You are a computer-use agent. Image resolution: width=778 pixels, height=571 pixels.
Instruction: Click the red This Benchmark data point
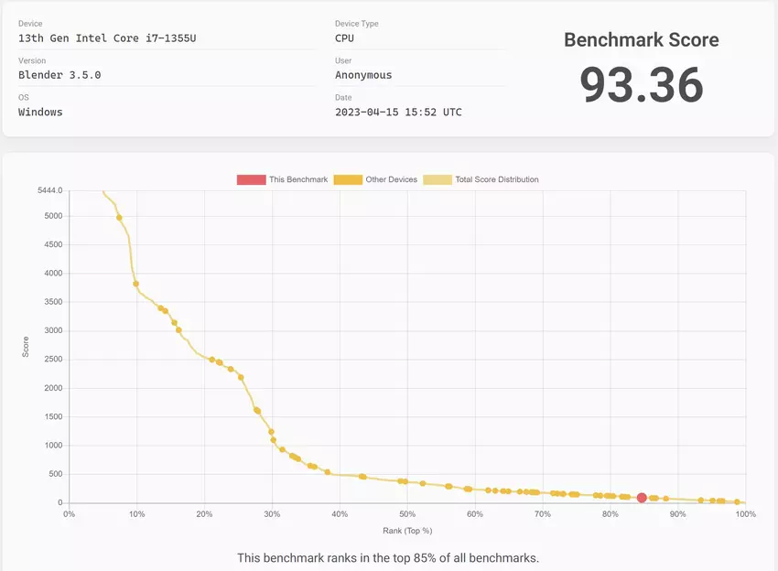click(642, 498)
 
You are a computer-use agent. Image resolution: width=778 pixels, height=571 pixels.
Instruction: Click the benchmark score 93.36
click(641, 85)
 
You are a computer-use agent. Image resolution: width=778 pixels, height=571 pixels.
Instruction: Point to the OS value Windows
click(40, 112)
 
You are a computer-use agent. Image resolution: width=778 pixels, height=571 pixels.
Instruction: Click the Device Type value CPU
click(344, 38)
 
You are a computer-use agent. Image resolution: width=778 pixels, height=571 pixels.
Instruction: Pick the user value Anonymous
click(363, 75)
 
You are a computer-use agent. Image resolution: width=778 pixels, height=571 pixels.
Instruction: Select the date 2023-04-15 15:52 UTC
click(398, 112)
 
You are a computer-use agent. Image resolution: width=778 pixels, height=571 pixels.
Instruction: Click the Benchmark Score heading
click(641, 39)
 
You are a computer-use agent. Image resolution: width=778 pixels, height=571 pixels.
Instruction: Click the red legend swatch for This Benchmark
click(250, 179)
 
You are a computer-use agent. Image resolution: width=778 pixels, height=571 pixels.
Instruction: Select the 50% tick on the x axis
click(407, 514)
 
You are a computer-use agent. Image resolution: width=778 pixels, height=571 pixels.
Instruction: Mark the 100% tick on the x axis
click(744, 514)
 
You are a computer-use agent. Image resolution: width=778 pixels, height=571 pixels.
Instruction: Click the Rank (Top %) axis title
click(407, 531)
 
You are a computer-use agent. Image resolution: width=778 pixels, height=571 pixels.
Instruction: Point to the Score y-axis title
click(26, 347)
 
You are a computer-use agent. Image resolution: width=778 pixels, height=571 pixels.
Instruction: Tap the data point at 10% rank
click(136, 284)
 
